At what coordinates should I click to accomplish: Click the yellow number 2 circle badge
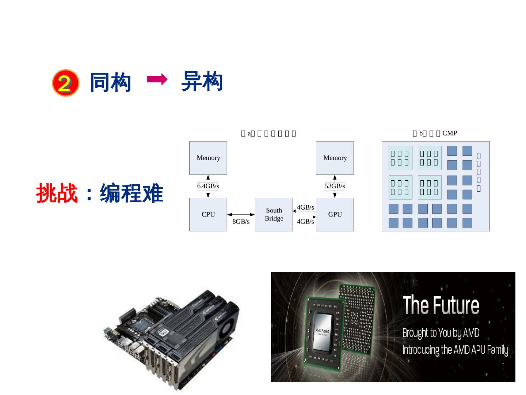click(65, 83)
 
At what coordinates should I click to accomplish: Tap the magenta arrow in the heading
click(157, 79)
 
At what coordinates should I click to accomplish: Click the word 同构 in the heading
click(110, 82)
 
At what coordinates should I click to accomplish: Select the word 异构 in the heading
click(202, 81)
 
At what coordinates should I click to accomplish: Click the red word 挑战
click(57, 193)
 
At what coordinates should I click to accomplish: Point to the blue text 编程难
click(131, 193)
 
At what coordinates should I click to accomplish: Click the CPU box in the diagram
click(208, 214)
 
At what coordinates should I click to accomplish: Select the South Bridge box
click(274, 214)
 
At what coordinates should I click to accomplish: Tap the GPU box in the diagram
click(335, 214)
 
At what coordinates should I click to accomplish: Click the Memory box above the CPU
click(208, 158)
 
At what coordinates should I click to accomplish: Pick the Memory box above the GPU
click(335, 158)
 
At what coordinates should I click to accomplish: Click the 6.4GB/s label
click(208, 186)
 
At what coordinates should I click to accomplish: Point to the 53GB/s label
click(335, 186)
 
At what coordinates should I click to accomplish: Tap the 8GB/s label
click(241, 222)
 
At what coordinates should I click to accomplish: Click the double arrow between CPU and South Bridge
click(241, 215)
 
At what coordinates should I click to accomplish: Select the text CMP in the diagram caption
click(449, 133)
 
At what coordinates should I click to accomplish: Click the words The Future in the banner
click(441, 305)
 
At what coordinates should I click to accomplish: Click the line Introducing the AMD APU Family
click(455, 350)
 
